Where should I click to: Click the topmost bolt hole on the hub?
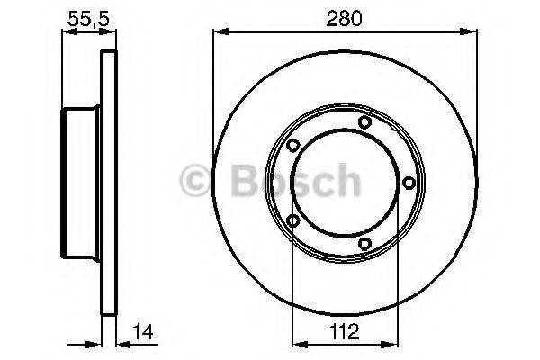[x=364, y=122]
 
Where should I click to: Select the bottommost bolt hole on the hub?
[x=364, y=243]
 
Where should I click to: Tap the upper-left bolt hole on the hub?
[x=293, y=145]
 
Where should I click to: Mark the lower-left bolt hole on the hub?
[x=293, y=220]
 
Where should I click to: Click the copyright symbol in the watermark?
[x=195, y=180]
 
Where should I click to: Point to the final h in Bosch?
[x=346, y=180]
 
